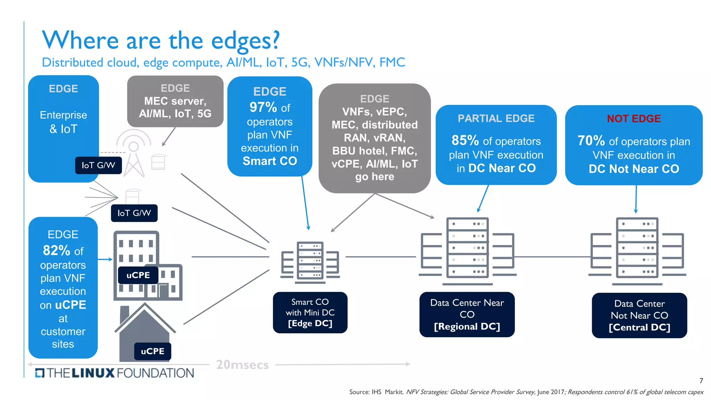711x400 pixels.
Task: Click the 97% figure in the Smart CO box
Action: [263, 107]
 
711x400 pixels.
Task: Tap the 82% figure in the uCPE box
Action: [56, 250]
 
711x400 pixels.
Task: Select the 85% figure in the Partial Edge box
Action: [465, 141]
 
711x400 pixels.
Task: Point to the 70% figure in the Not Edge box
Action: [591, 141]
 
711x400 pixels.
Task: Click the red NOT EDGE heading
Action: [634, 119]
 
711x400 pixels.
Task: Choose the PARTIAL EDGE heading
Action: [496, 118]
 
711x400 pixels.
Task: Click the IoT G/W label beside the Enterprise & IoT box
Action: [98, 165]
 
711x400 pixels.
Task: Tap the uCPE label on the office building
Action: [138, 275]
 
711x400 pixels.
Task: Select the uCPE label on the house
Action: [152, 351]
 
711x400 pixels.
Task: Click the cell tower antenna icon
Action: [134, 153]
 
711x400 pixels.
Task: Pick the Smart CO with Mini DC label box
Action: [310, 312]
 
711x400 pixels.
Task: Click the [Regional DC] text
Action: [467, 327]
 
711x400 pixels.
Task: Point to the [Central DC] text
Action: [639, 327]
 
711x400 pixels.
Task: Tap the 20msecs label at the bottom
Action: [242, 365]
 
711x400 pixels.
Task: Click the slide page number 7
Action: [701, 381]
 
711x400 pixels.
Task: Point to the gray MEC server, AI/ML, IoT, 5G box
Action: [175, 101]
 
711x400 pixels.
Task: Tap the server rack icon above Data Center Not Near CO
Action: [637, 248]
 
